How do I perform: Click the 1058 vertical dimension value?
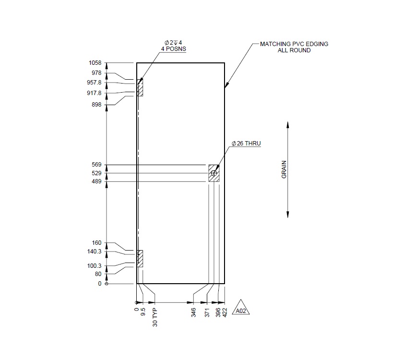pyautogui.click(x=95, y=63)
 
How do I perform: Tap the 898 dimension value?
pyautogui.click(x=97, y=105)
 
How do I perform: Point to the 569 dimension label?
pyautogui.click(x=97, y=165)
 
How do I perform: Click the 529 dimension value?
pyautogui.click(x=97, y=173)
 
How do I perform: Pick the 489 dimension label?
pyautogui.click(x=97, y=181)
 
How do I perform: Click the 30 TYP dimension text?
pyautogui.click(x=155, y=317)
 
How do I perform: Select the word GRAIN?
pyautogui.click(x=284, y=170)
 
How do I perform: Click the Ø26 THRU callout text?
pyautogui.click(x=246, y=144)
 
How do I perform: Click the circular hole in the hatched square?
pyautogui.click(x=214, y=173)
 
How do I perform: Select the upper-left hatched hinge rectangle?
pyautogui.click(x=140, y=88)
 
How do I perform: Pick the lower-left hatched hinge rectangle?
pyautogui.click(x=140, y=259)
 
